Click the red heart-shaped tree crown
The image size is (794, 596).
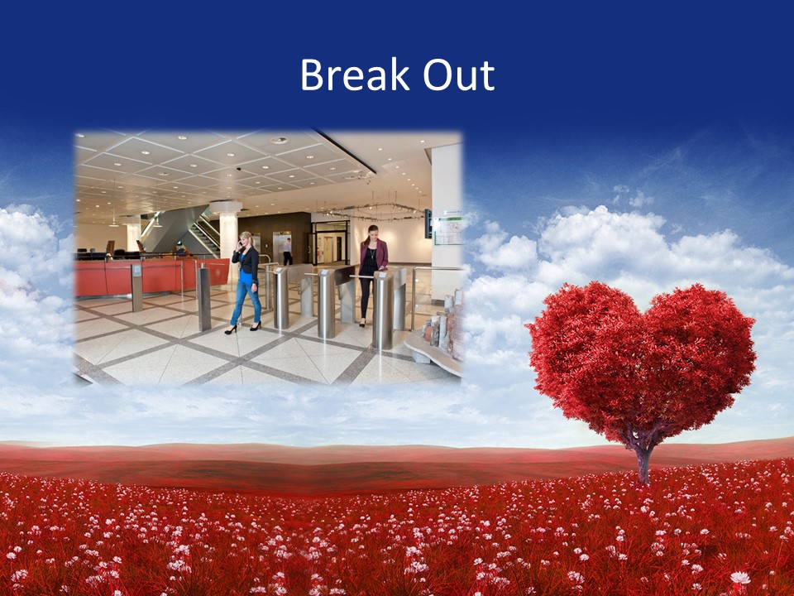(641, 356)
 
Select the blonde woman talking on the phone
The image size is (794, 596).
(246, 281)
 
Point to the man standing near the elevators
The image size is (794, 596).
(287, 251)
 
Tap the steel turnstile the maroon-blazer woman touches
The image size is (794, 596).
(382, 310)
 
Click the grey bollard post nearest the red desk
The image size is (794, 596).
(203, 298)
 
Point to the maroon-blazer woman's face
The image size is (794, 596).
(372, 234)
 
